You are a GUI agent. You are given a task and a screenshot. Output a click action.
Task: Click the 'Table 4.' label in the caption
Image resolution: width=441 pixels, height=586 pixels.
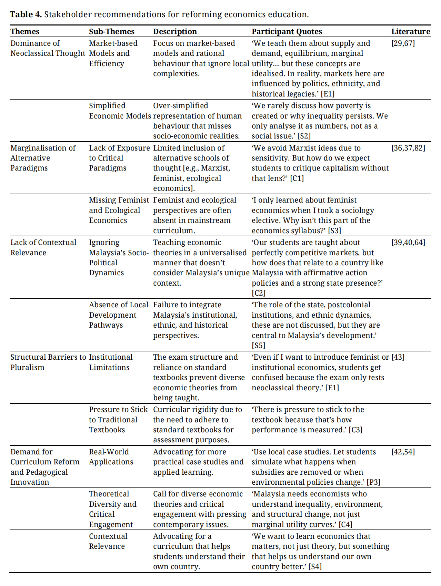point(26,14)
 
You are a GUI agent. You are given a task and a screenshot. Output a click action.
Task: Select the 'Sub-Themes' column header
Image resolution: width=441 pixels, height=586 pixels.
point(111,32)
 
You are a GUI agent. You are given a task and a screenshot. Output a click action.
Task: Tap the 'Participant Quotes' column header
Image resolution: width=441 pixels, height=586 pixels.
point(287,32)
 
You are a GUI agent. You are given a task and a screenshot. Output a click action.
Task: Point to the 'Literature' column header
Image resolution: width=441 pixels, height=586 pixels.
point(410,32)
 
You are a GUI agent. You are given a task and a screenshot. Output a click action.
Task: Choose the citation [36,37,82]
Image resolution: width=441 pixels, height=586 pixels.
point(408,148)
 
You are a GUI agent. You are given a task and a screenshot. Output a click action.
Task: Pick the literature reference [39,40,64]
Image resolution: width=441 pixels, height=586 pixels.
point(408,243)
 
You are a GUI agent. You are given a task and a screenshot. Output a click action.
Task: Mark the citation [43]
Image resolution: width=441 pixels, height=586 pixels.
point(398,357)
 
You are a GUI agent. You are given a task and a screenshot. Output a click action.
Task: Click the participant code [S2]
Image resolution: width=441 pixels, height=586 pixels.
point(304,136)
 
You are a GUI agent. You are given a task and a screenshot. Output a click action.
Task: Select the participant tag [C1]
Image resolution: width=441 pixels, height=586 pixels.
point(297,178)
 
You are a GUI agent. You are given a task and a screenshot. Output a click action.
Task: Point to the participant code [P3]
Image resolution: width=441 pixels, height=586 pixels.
point(373,482)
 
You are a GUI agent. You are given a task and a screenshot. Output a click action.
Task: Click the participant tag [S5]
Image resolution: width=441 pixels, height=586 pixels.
point(259,346)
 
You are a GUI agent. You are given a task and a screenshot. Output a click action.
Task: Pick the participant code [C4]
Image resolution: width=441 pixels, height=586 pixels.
point(345,525)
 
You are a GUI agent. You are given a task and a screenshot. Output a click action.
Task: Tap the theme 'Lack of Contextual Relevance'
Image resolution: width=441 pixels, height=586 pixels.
point(43,247)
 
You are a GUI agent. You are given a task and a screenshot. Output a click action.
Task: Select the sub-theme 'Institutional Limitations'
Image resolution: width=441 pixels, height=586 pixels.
point(110,362)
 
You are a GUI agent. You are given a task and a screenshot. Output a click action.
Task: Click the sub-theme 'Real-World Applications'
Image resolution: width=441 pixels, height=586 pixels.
point(111,457)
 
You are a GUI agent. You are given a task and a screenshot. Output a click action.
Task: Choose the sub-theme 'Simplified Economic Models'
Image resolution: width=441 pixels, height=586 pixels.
point(119,111)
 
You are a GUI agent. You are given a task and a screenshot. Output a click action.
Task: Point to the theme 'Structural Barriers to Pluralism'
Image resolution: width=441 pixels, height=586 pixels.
point(48,362)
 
